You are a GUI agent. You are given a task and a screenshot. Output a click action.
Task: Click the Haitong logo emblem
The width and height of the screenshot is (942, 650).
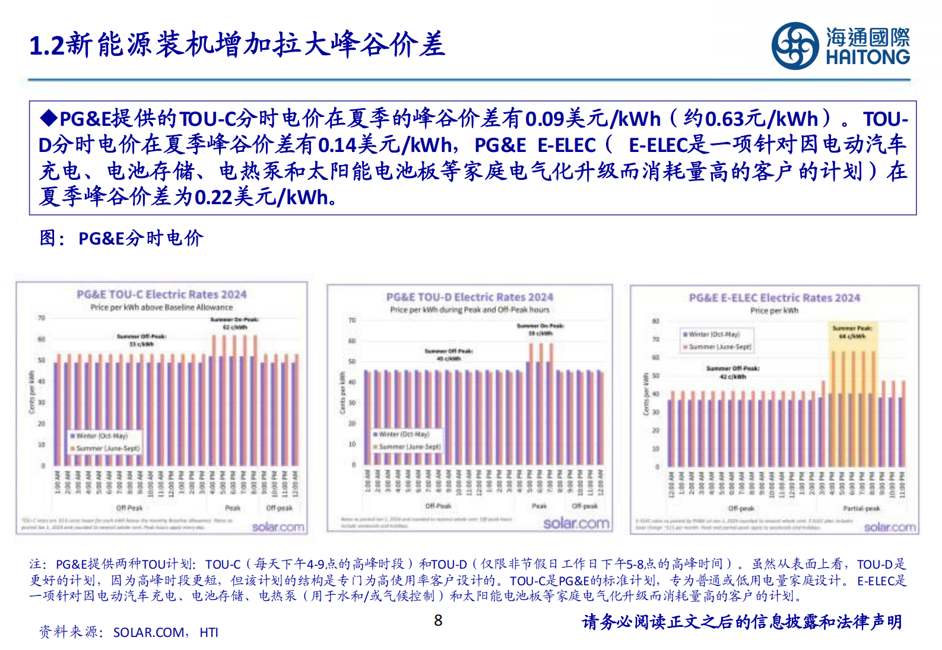point(795,46)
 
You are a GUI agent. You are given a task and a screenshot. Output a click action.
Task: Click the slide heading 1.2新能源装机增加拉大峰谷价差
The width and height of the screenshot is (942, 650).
point(237,45)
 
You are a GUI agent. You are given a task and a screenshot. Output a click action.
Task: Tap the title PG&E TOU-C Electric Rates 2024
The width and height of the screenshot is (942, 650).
point(161,294)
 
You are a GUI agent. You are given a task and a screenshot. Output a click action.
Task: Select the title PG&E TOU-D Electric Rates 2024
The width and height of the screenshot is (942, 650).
point(470,297)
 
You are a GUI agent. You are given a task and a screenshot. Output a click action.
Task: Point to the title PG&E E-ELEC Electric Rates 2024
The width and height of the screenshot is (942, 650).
point(774,298)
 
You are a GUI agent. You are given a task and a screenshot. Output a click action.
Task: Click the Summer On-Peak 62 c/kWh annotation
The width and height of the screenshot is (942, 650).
point(234,324)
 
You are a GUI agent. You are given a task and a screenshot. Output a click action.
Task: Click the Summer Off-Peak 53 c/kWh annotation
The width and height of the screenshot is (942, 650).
point(141,340)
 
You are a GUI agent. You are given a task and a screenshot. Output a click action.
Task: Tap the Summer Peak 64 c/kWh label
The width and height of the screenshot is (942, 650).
point(852,332)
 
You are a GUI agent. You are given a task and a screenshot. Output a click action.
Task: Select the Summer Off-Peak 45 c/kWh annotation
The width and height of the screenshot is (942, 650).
point(449,354)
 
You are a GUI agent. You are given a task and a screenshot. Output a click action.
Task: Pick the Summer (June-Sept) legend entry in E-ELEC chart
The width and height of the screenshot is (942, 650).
point(719,347)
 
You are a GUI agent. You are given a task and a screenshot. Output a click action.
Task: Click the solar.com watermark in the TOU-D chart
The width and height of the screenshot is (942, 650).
point(576,523)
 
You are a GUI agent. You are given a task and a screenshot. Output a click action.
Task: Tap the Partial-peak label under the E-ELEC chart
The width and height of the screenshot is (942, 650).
point(861,509)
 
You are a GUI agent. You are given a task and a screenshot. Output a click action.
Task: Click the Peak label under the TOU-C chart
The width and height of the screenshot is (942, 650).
point(233,508)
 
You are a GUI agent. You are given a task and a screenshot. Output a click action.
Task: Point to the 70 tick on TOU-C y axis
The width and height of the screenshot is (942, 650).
point(42,318)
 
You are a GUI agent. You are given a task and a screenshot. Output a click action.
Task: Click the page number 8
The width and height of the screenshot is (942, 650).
point(438,621)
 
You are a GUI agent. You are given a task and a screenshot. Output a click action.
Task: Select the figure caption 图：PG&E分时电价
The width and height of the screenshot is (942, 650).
point(122,238)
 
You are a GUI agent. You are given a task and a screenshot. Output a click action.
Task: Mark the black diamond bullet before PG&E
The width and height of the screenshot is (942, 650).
point(48,118)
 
